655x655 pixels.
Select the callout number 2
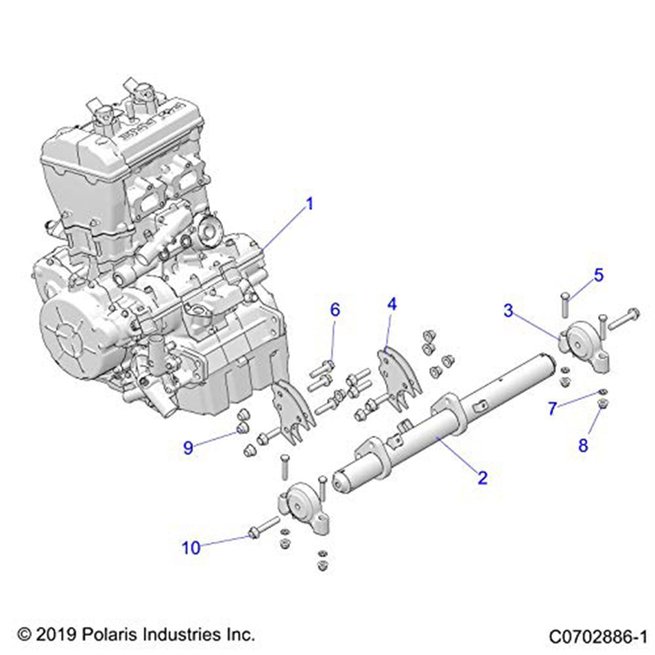pyautogui.click(x=482, y=478)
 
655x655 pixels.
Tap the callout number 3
pyautogui.click(x=508, y=311)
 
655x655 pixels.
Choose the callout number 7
pyautogui.click(x=553, y=409)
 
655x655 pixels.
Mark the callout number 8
pyautogui.click(x=583, y=445)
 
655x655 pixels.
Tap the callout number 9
pyautogui.click(x=189, y=448)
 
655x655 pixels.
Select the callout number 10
pyautogui.click(x=191, y=548)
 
